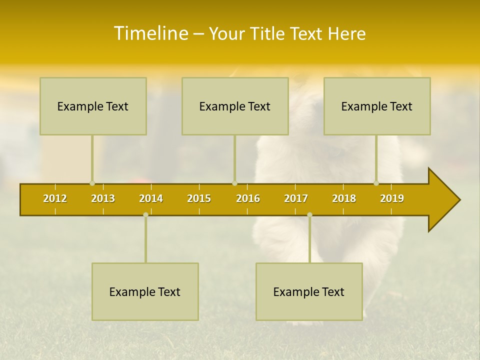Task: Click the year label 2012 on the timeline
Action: [x=55, y=198]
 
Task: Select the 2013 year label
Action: [x=103, y=198]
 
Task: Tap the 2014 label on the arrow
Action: [x=151, y=198]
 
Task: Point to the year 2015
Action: [x=199, y=198]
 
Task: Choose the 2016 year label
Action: [x=248, y=198]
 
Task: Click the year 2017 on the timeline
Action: [x=296, y=198]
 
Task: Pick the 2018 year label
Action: [x=344, y=198]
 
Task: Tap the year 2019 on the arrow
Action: [x=392, y=198]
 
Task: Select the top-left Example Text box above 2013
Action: [x=93, y=106]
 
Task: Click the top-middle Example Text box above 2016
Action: [x=235, y=106]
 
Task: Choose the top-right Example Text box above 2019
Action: [x=377, y=106]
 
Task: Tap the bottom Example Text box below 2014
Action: [x=145, y=292]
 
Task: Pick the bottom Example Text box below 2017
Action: [x=309, y=292]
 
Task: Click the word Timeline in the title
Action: [x=150, y=33]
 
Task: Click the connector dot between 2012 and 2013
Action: [x=92, y=183]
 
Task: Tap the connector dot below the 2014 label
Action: [x=145, y=214]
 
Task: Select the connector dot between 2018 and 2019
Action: [x=376, y=183]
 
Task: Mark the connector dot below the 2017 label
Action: [x=309, y=214]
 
